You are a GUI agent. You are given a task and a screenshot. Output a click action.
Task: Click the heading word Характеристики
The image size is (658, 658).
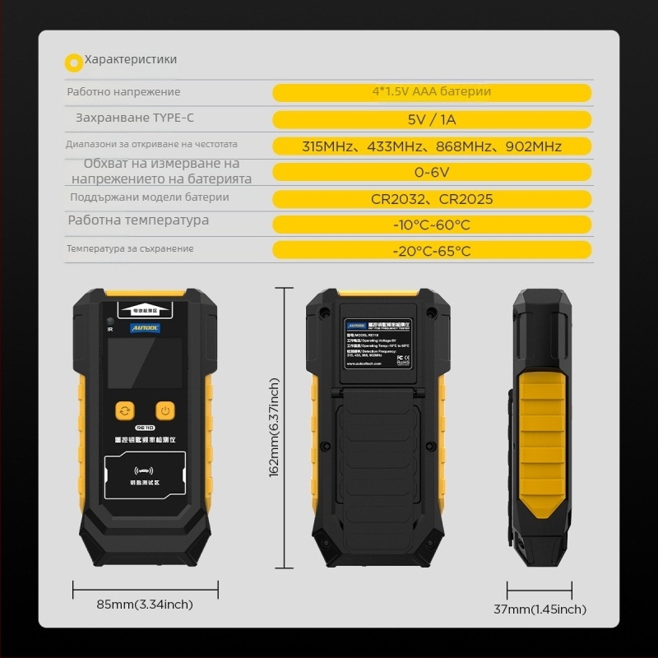(131, 59)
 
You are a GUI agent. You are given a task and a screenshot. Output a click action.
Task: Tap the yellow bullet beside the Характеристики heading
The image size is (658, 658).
(73, 60)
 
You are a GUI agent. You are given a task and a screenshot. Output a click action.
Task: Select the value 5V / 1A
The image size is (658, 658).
(431, 119)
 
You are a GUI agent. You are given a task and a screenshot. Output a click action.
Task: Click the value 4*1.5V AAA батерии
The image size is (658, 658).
(431, 92)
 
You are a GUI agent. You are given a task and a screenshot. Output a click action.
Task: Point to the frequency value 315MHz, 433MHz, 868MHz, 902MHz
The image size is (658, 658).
(431, 146)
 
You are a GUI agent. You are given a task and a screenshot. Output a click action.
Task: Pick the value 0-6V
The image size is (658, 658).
(431, 173)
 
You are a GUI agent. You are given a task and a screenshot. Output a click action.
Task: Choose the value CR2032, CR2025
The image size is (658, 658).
(431, 199)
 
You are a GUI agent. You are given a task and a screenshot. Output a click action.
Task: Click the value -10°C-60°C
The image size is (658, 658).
(431, 225)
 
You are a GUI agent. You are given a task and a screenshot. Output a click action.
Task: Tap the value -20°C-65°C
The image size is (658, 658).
(431, 251)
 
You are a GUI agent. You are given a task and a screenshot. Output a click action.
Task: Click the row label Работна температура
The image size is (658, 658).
(138, 220)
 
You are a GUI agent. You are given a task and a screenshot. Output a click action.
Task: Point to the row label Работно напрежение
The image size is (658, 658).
(123, 92)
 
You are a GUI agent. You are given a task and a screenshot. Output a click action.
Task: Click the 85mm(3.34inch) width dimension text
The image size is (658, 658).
(145, 605)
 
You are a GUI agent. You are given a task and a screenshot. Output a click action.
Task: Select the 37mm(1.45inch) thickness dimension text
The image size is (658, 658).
(540, 609)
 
